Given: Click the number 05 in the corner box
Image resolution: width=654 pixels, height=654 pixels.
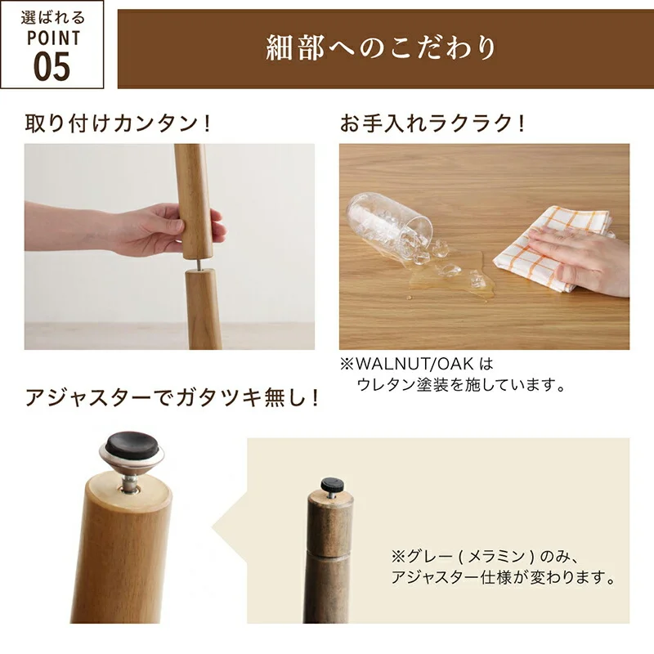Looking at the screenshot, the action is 52,66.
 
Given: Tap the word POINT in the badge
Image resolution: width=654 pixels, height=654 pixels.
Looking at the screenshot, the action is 54,38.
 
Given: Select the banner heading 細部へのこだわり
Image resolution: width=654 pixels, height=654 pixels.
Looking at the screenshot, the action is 381,47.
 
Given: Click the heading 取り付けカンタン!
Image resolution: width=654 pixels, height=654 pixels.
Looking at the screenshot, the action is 118,123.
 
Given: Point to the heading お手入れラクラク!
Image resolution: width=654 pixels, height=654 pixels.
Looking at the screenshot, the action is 432,123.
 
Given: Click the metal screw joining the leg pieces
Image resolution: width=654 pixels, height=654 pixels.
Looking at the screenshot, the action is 199,264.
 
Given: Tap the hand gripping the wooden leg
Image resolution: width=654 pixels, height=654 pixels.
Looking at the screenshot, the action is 125,229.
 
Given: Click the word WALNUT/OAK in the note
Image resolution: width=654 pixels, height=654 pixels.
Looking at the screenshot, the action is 414,364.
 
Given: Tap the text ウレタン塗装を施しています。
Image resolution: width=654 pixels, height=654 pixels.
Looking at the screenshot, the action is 461,384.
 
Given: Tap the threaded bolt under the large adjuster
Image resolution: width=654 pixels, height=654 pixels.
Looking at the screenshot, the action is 130,483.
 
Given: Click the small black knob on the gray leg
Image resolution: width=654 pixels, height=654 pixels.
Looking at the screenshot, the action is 333,484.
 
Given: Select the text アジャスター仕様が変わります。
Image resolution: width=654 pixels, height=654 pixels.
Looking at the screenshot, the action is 504,578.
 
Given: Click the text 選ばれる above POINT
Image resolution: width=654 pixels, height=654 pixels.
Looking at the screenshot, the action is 53,18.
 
